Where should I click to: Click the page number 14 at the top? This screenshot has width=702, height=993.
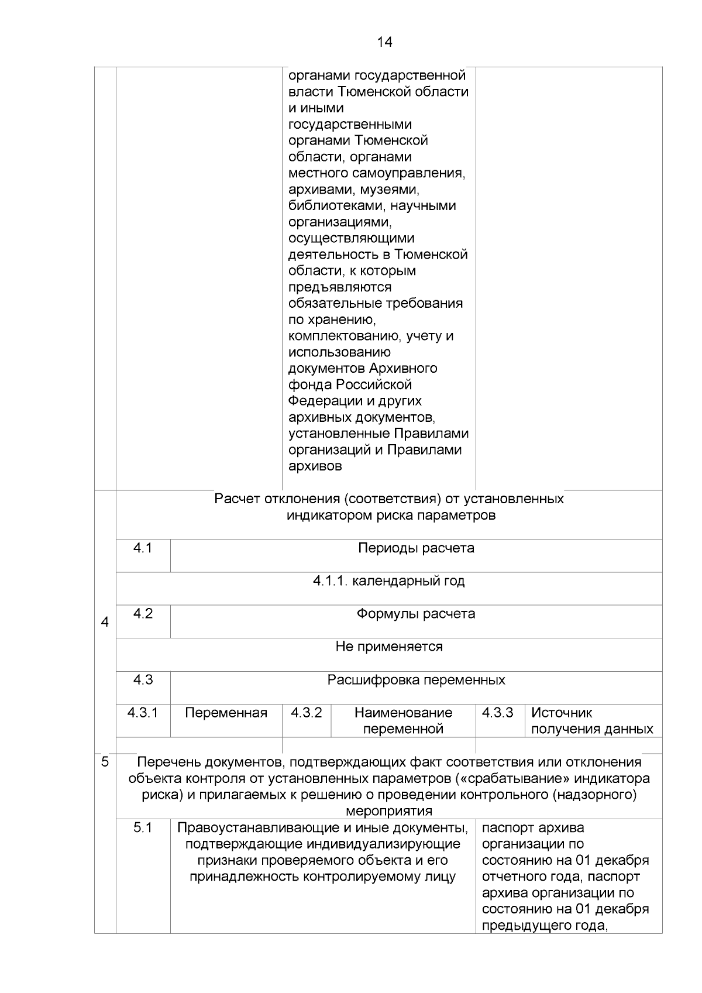384,42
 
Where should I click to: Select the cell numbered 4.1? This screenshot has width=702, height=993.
143,548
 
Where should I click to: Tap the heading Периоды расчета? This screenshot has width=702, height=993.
416,548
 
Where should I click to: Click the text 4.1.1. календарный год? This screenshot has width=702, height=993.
388,581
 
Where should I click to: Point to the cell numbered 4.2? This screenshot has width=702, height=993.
143,614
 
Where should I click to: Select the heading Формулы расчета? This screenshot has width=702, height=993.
416,614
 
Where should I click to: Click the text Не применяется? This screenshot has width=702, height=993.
388,647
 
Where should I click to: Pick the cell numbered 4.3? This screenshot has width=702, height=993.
143,680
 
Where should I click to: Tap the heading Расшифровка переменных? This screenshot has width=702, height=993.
416,680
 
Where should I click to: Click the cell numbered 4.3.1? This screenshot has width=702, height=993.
143,713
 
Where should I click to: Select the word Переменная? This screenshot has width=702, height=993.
226,713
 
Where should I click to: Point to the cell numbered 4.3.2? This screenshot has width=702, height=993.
307,713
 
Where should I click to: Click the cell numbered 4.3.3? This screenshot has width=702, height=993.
498,713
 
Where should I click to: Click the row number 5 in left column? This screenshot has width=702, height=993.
105,762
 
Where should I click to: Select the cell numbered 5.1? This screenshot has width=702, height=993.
143,827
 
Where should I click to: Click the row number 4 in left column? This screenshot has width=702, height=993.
105,623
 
